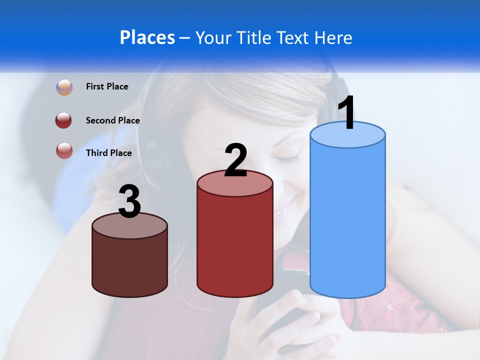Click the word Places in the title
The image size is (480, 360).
pos(147,37)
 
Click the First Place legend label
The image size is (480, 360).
pos(107,86)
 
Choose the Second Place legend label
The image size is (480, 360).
pos(112,120)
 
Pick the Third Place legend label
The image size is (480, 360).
pos(108,153)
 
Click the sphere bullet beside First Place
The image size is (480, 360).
pos(64,87)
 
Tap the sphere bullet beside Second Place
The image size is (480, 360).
pos(64,120)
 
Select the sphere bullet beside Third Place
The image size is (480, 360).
pos(64,151)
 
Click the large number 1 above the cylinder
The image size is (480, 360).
pos(346,113)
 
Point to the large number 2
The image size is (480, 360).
pos(235,160)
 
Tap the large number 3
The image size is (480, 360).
pos(130,202)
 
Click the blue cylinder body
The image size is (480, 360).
pos(347,220)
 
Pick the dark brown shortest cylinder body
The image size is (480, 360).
pos(130,265)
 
